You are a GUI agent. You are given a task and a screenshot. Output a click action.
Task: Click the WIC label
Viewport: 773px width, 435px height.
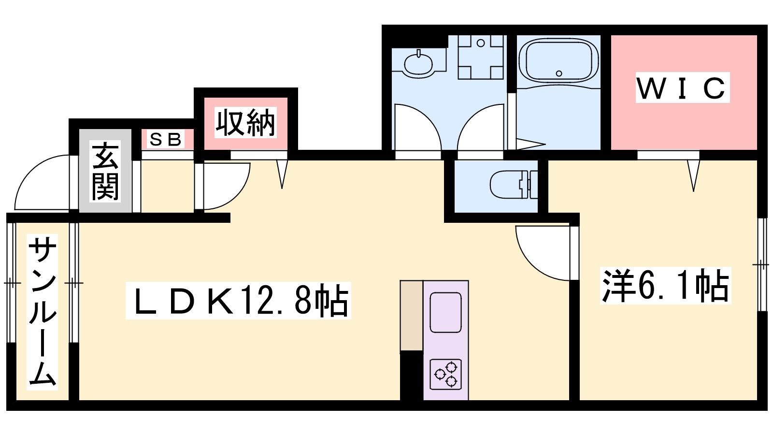pyautogui.click(x=682, y=87)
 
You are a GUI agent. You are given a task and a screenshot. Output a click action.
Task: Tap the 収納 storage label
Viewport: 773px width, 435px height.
pyautogui.click(x=245, y=123)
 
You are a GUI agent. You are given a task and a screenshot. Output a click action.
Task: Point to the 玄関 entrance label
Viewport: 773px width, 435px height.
pyautogui.click(x=105, y=171)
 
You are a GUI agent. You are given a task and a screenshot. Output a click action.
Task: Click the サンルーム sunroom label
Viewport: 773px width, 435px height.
pyautogui.click(x=42, y=312)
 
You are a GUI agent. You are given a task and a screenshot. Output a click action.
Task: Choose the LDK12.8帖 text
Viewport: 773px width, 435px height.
pyautogui.click(x=238, y=300)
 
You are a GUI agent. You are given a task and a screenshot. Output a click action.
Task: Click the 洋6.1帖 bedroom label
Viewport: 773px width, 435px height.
pyautogui.click(x=665, y=286)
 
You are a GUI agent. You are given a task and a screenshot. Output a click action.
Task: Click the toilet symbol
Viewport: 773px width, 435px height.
pyautogui.click(x=514, y=184)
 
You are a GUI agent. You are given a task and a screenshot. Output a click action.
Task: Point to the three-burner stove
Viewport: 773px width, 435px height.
pyautogui.click(x=446, y=375)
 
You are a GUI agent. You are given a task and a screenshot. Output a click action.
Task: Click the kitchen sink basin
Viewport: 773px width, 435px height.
pyautogui.click(x=445, y=312)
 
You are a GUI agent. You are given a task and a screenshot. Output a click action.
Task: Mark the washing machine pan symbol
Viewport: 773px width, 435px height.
pyautogui.click(x=481, y=57)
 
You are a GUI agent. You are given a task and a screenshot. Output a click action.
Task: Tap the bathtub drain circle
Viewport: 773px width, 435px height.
pyautogui.click(x=559, y=73)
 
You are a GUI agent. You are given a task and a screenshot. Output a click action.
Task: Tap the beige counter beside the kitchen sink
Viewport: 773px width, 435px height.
pyautogui.click(x=412, y=316)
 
